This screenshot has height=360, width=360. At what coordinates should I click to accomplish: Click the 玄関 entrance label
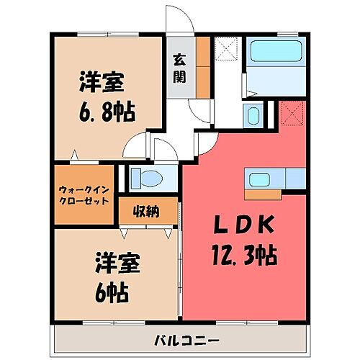click(180, 68)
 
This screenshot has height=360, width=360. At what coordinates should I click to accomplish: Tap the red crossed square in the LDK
click(293, 113)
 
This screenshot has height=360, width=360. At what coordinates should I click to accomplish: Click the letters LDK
click(244, 226)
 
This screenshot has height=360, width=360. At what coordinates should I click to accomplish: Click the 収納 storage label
click(146, 211)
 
